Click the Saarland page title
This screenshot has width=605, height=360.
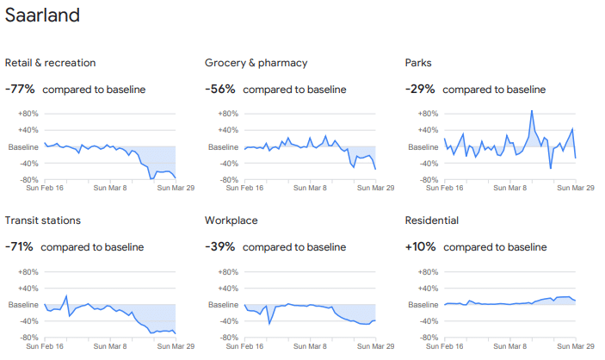click(42, 16)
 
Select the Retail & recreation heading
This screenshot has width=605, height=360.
click(50, 63)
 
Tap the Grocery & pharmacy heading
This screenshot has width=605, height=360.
click(256, 63)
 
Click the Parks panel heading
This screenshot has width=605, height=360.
click(418, 63)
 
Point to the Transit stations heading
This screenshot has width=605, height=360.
click(46, 220)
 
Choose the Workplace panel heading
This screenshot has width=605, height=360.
click(231, 220)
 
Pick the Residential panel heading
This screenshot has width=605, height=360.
click(434, 220)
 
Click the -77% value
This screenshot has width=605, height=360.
click(20, 89)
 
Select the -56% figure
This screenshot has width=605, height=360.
click(220, 89)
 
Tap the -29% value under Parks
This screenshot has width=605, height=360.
click(420, 89)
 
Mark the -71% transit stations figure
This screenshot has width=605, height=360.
click(19, 247)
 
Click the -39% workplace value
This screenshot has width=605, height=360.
click(220, 247)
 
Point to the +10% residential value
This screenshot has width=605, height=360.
click(420, 247)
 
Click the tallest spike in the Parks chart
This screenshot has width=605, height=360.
click(532, 111)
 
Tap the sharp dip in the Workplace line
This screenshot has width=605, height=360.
click(269, 323)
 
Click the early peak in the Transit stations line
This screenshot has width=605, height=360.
click(66, 296)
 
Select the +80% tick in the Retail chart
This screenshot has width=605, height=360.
click(28, 114)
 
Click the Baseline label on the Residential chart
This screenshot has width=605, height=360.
click(421, 305)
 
